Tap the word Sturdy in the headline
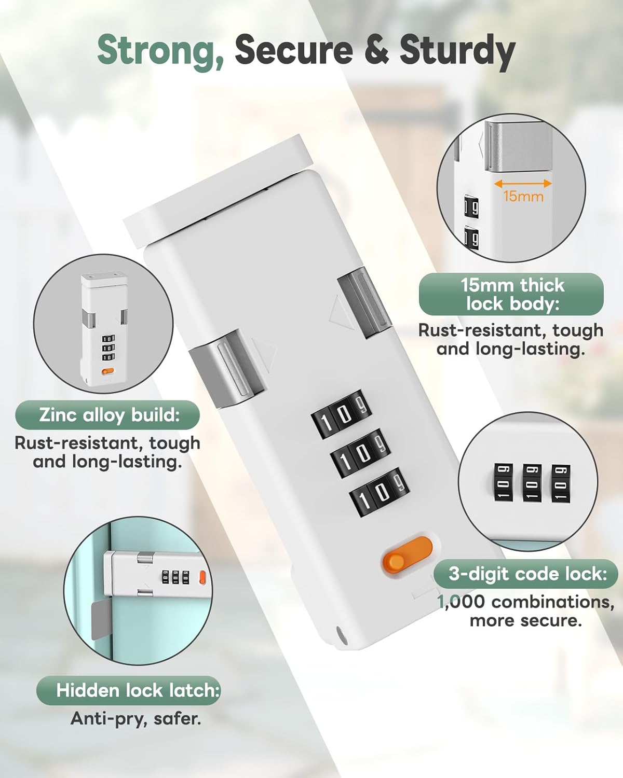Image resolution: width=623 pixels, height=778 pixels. click(x=457, y=51)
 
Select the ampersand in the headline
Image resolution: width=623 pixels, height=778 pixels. click(x=376, y=50)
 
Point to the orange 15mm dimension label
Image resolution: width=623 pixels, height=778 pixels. click(x=523, y=197)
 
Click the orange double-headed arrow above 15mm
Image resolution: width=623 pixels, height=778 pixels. click(x=522, y=183)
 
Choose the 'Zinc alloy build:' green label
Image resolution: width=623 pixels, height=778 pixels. click(x=107, y=415)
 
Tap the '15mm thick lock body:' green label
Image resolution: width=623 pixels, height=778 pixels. click(x=511, y=294)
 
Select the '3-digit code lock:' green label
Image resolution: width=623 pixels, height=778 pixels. click(x=526, y=574)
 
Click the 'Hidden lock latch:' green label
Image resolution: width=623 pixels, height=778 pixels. click(x=129, y=690)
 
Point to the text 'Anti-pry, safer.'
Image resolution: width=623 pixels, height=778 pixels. click(x=136, y=718)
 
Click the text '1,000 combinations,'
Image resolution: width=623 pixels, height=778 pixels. click(x=526, y=602)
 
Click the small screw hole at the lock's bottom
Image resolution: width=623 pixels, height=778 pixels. click(x=341, y=633)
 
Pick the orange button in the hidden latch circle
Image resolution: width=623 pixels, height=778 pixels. click(x=202, y=577)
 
